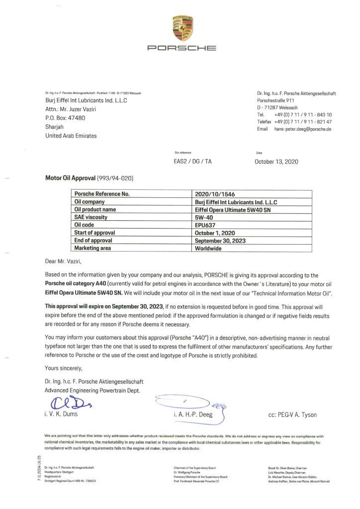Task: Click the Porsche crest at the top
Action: pyautogui.click(x=182, y=28)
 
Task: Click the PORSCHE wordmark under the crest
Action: pyautogui.click(x=182, y=49)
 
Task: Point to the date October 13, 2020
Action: pyautogui.click(x=276, y=162)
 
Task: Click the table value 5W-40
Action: pyautogui.click(x=205, y=217)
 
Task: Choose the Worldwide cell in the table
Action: pyautogui.click(x=210, y=248)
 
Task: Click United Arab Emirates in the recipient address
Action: pyautogui.click(x=71, y=136)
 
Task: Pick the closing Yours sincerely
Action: pyautogui.click(x=64, y=368)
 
